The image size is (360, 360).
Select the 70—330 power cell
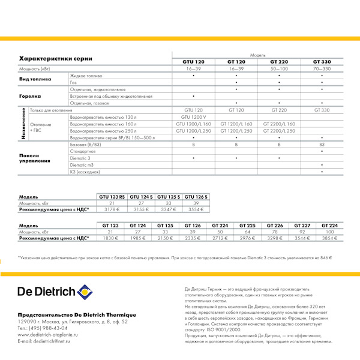[322, 69]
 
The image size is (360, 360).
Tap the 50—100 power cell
[279, 69]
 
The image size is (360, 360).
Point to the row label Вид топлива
[35, 79]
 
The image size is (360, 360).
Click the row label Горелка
[30, 96]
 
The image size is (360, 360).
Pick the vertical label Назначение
[23, 124]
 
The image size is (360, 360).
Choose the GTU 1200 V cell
[193, 117]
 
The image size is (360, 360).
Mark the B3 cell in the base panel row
[322, 145]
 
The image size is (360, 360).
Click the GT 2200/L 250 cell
[279, 131]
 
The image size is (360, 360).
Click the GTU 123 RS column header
[112, 197]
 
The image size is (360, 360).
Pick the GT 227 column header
[302, 225]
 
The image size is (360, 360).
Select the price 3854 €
[329, 238]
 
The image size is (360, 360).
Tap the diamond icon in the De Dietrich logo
[85, 292]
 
